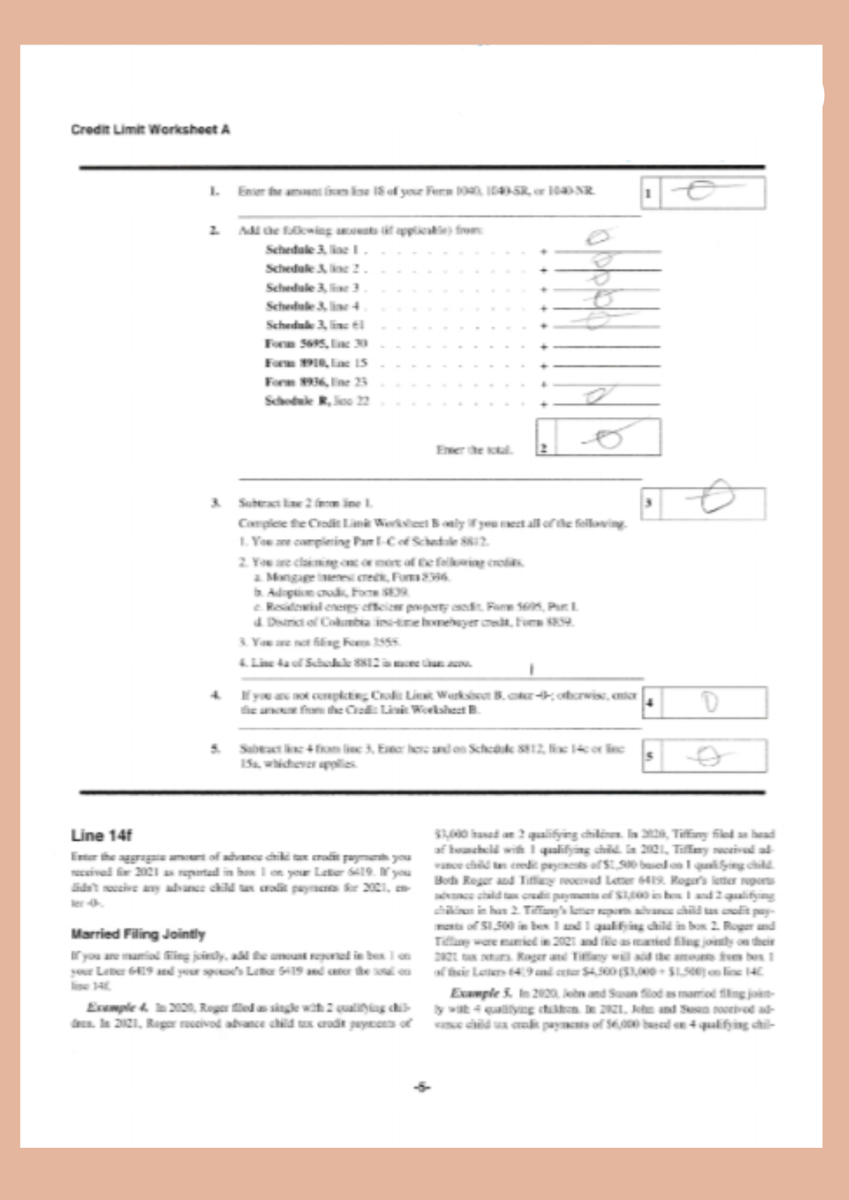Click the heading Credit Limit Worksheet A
150,130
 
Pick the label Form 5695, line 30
316,344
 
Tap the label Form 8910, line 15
316,363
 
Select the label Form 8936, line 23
316,382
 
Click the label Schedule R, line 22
316,401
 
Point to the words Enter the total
474,450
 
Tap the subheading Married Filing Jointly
138,934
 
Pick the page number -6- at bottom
422,1087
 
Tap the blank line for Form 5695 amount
606,346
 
